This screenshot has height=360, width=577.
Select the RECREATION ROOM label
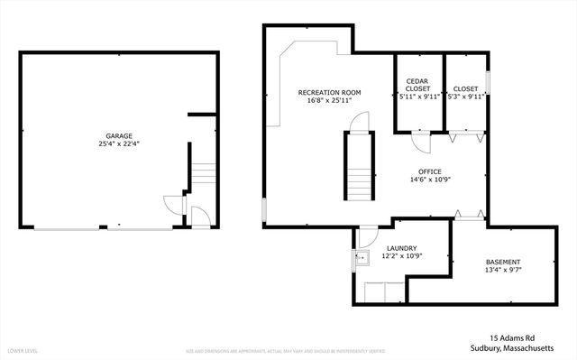pos(330,93)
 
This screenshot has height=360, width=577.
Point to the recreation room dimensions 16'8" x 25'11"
pos(330,100)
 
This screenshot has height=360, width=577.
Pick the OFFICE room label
pos(429,171)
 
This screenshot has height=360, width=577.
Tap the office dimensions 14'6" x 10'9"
pos(429,179)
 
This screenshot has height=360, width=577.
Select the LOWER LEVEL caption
pos(22,349)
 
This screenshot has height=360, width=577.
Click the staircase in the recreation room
pos(358,166)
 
